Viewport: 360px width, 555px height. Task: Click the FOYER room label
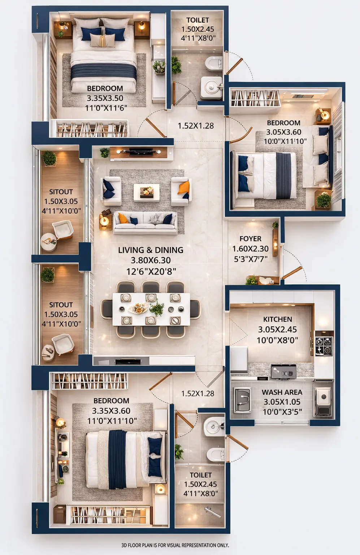coord(250,239)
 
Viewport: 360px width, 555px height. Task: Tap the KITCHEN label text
coord(277,319)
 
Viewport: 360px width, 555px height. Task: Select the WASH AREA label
coord(282,392)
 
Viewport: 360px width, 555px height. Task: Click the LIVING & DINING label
coord(151,250)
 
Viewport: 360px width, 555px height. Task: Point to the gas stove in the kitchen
coord(324,346)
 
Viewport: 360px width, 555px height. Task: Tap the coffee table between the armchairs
coord(146,192)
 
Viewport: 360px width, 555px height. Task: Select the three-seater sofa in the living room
coord(145,223)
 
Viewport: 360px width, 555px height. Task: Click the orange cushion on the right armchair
coord(184,188)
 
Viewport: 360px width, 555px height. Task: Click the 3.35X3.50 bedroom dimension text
coord(105,98)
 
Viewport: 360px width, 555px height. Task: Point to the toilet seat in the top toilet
coord(213,64)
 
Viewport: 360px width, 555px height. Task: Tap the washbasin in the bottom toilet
coord(214,427)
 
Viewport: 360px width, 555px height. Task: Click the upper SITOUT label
coord(61,192)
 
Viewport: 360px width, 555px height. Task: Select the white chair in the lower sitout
coord(63,344)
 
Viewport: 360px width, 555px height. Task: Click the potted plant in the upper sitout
coord(49,158)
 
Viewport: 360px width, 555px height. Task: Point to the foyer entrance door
coord(292,273)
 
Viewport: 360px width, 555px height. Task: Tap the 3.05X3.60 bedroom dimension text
coord(283,132)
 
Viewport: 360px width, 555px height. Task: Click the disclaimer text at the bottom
coord(175,545)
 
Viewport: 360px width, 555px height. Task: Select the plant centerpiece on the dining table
coord(157,309)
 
